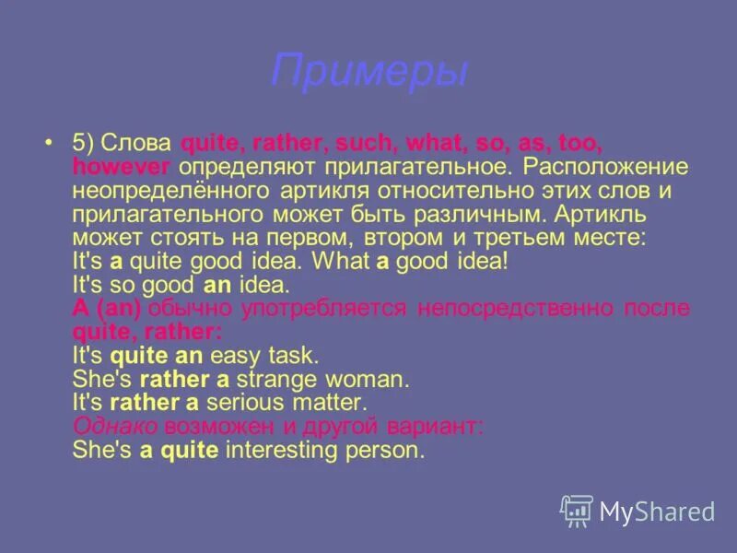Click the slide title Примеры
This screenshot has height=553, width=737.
pyautogui.click(x=369, y=72)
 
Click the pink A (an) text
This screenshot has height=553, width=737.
pyautogui.click(x=106, y=308)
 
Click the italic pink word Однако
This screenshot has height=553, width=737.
pyautogui.click(x=114, y=426)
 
